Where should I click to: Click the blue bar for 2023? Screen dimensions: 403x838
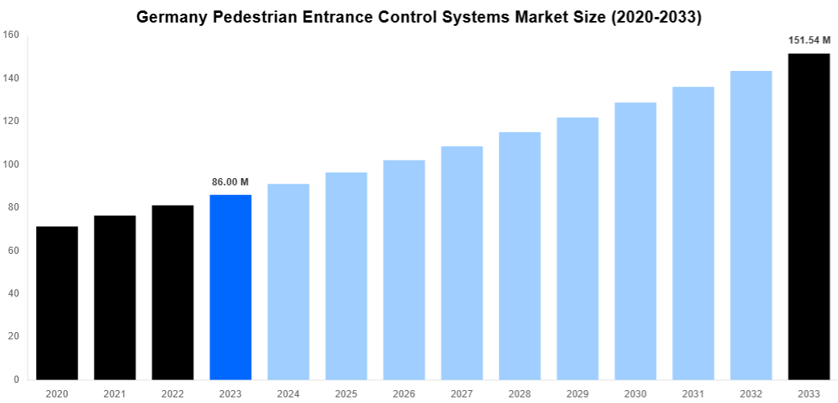230,287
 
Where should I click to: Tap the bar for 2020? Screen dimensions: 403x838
57,302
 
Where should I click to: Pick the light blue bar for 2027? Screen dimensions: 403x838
462,263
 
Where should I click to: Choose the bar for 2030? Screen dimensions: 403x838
635,241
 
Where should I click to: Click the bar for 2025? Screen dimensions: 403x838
346,276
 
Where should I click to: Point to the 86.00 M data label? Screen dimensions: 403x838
230,182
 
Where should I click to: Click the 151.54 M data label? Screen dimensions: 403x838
809,39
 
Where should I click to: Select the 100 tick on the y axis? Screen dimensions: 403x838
10,164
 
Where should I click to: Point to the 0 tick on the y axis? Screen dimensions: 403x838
16,380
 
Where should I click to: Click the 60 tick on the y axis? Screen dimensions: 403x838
13,251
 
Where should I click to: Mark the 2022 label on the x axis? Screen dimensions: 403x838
172,393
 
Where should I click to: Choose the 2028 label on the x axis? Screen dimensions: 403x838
520,393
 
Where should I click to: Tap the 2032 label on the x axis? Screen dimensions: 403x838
751,393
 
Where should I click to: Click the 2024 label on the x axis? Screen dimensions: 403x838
288,393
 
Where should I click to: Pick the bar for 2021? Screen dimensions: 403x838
114,297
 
